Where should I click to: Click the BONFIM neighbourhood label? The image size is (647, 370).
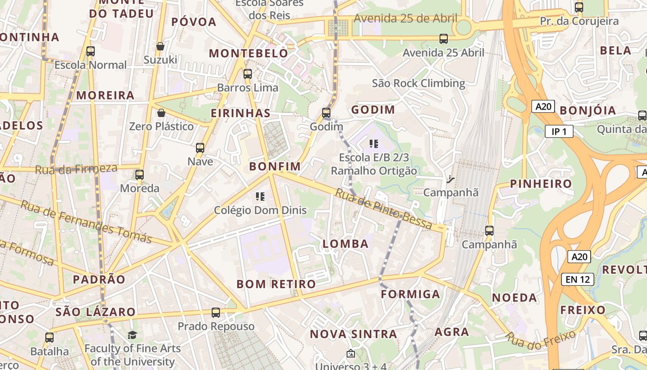pos(275,166)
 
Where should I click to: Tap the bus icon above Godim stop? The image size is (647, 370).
pos(326,113)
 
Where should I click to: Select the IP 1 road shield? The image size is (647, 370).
pos(559,132)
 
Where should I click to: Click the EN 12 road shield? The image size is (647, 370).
pos(577,279)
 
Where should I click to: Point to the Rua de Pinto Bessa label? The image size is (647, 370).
pos(383,210)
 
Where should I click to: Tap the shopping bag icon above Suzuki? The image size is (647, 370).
pos(160,46)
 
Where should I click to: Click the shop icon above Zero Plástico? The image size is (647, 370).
pos(161,113)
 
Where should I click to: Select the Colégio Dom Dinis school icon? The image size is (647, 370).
pos(260,197)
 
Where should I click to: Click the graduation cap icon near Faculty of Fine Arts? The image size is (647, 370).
pos(132,335)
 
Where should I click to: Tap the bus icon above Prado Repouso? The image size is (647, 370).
pos(216,313)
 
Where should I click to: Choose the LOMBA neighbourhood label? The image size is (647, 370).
pos(346,244)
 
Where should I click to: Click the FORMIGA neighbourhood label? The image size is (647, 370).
pos(410,294)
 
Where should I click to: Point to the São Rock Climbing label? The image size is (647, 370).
pos(419,83)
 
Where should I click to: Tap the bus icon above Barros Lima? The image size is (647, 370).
pos(248,74)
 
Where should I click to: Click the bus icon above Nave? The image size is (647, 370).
pos(200,148)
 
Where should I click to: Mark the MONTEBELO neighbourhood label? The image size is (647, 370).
pos(249,53)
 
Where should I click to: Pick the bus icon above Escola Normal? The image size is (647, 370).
pos(91,51)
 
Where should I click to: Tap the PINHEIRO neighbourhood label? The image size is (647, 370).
pos(541,184)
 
